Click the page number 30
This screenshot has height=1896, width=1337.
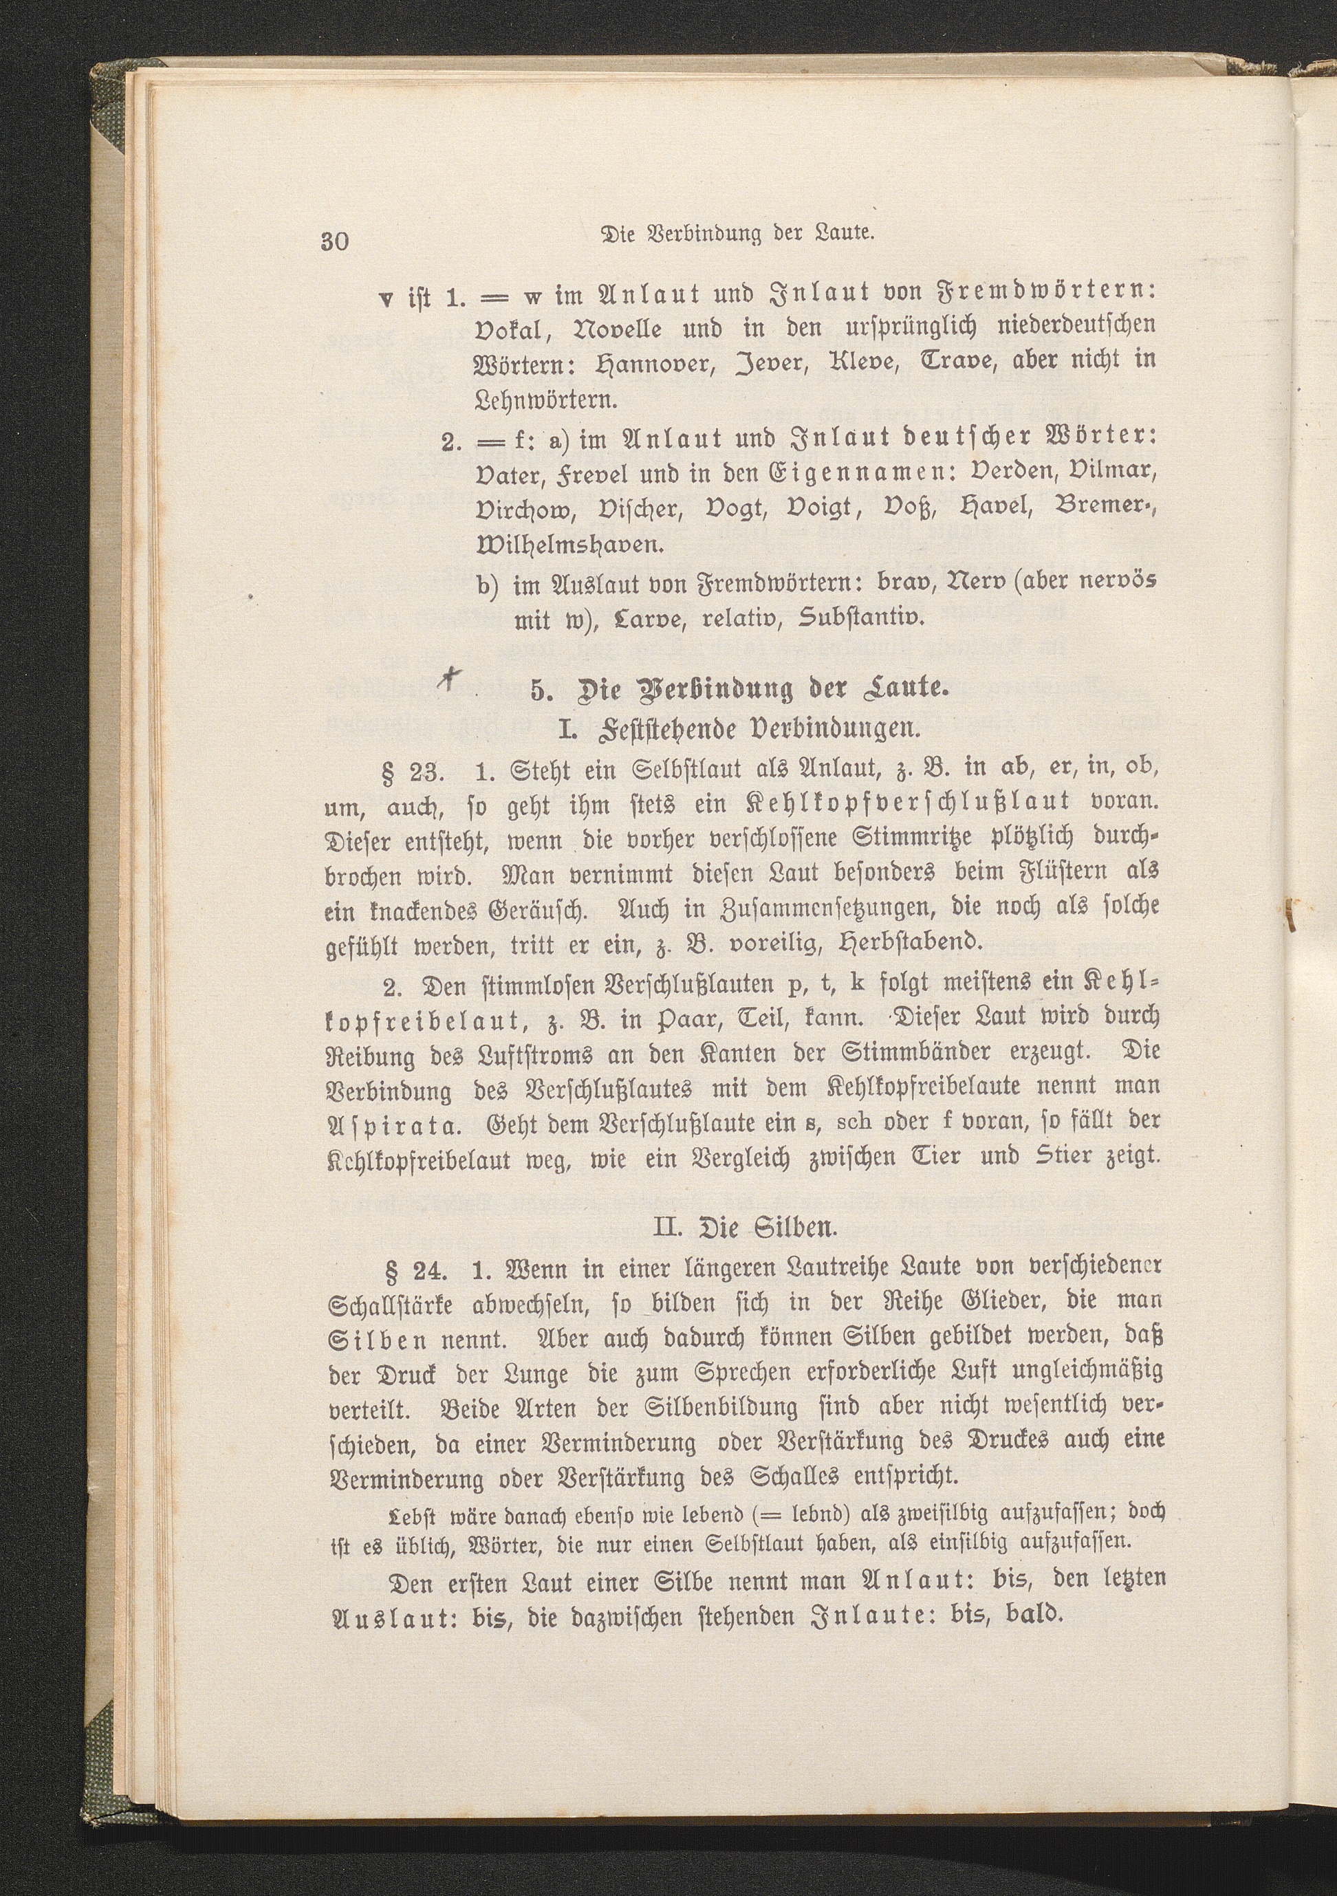336,241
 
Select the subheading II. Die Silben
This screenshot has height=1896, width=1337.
744,1226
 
